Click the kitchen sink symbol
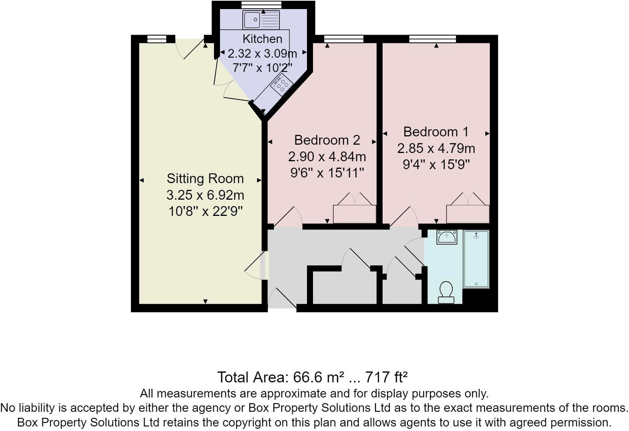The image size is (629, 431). [261, 20]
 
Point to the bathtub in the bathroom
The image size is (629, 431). [476, 259]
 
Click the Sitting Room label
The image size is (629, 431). [205, 178]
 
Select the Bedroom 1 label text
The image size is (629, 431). [436, 132]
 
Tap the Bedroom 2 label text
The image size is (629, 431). [327, 140]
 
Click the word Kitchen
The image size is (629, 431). [262, 39]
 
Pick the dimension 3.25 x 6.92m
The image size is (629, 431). [205, 195]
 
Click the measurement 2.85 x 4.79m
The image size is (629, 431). [436, 148]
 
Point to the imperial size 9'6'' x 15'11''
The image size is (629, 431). [327, 173]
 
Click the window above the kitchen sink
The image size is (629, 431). [261, 5]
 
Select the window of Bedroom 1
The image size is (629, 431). [432, 38]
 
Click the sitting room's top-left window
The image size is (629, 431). [156, 38]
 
